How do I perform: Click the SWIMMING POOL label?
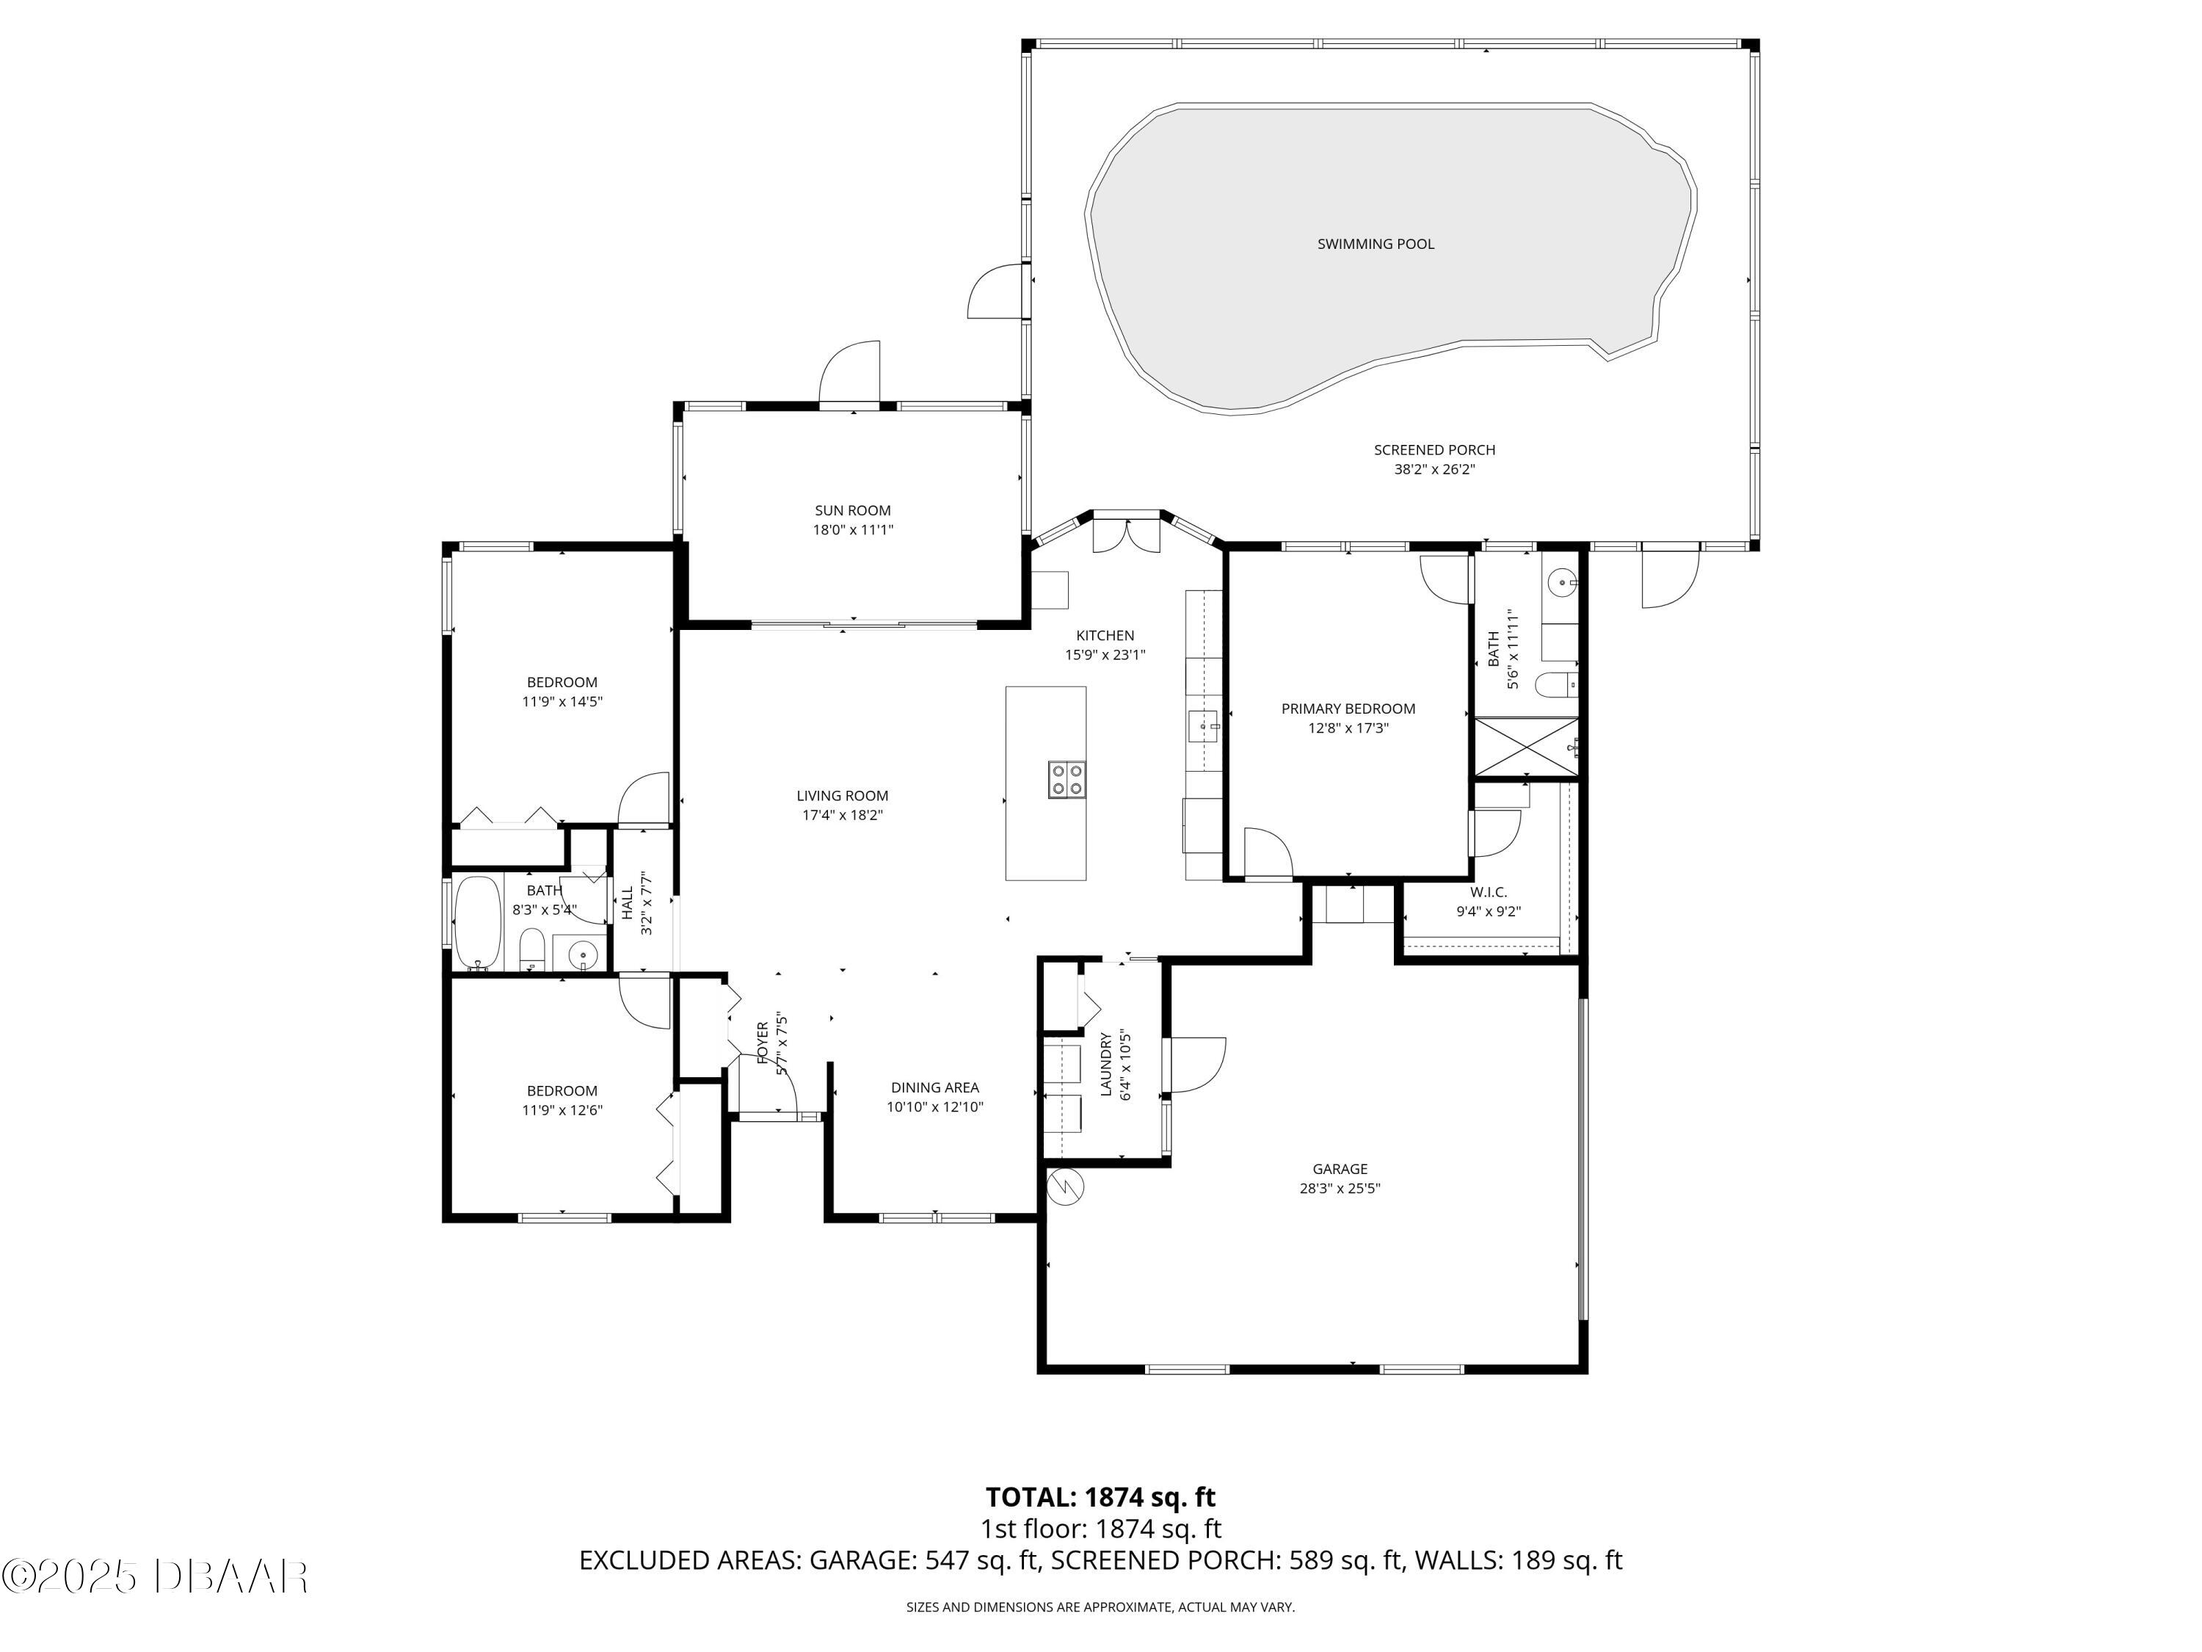click(1375, 244)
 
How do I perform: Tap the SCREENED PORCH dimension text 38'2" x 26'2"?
click(1434, 470)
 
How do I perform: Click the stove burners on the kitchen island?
click(1067, 779)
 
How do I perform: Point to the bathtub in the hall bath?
click(479, 923)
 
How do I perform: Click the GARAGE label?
click(1339, 1169)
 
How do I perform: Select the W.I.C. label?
click(1489, 892)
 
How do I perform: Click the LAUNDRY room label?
click(1106, 1065)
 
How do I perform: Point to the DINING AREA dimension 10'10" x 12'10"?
click(935, 1107)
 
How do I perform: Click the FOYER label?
click(763, 1043)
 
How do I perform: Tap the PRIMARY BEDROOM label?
click(1348, 709)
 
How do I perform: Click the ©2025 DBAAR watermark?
click(154, 1576)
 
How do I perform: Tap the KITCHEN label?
click(1105, 635)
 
